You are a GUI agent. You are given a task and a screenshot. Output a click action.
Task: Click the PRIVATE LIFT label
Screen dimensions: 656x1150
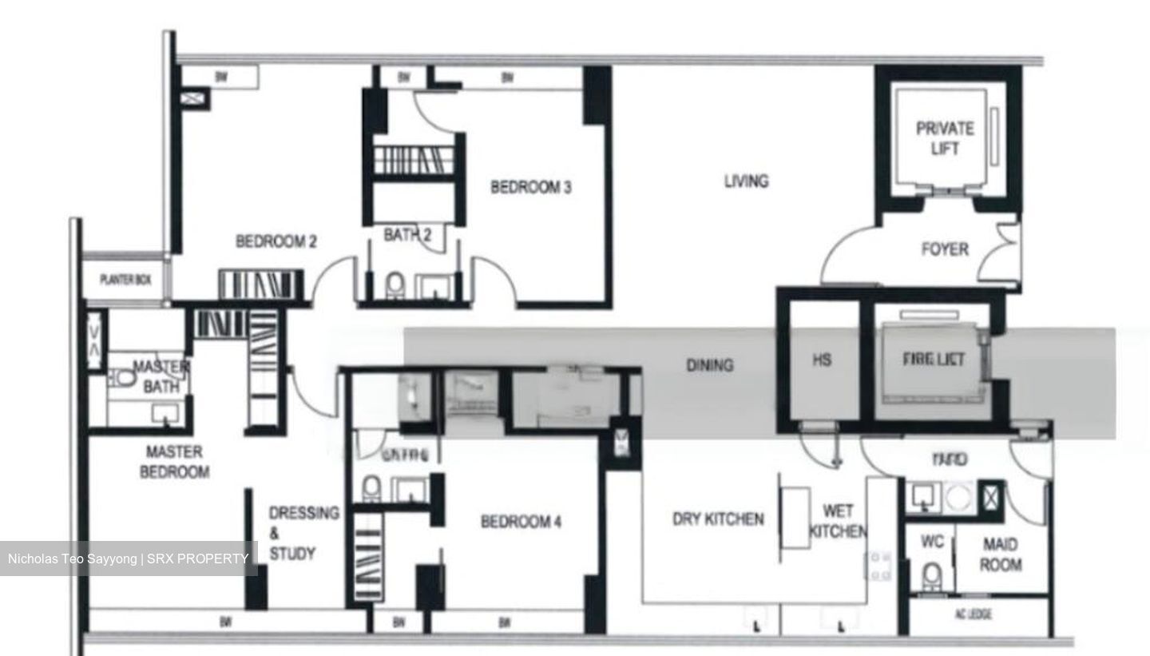[945, 138]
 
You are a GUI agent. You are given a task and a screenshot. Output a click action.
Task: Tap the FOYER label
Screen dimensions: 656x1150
[945, 249]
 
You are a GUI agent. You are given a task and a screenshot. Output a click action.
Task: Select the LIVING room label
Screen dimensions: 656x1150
[746, 181]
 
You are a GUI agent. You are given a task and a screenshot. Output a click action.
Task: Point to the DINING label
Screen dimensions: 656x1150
[709, 365]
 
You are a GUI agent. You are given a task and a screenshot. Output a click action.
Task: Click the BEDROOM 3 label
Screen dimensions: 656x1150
[530, 188]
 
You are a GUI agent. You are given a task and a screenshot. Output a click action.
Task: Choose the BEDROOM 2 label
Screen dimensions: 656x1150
[276, 241]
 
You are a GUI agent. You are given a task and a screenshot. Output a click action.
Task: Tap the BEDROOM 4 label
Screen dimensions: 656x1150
[521, 522]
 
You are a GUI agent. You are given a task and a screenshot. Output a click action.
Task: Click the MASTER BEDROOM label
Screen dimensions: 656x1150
[174, 462]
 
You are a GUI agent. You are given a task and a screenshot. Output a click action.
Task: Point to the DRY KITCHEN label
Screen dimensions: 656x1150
[718, 519]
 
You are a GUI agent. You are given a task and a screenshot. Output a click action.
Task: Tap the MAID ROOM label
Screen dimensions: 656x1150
[1000, 555]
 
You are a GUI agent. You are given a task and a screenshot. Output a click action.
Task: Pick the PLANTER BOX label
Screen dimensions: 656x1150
[125, 280]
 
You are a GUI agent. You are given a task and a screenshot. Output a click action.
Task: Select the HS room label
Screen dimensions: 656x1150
[822, 360]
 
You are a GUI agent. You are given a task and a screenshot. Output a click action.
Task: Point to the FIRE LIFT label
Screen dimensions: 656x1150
[933, 360]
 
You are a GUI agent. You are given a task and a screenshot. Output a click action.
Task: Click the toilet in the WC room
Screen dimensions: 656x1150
[931, 575]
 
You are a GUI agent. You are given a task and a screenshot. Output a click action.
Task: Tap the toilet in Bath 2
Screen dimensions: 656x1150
[394, 285]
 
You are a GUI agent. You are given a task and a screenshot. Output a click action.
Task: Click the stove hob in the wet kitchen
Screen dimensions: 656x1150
[881, 565]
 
